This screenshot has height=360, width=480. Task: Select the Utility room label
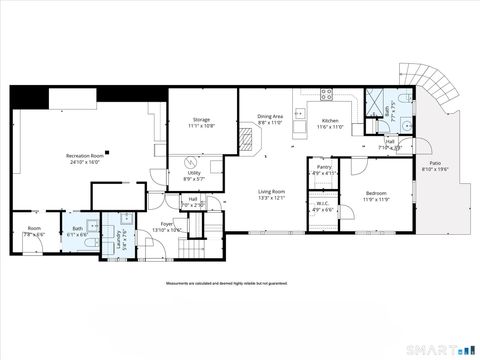click(x=194, y=172)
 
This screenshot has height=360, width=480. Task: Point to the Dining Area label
click(x=271, y=115)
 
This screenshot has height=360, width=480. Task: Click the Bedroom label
click(x=375, y=192)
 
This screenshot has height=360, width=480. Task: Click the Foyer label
click(x=167, y=224)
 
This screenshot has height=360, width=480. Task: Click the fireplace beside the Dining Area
click(x=248, y=141)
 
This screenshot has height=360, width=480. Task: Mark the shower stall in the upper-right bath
click(x=378, y=101)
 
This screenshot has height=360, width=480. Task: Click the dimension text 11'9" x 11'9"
click(x=375, y=199)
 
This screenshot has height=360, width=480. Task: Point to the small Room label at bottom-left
click(x=33, y=228)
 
